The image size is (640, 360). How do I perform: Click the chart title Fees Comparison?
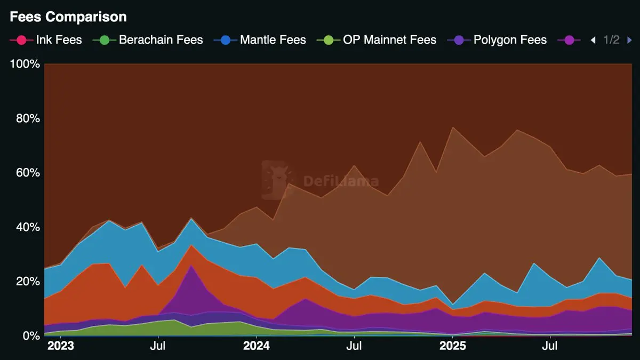(x=68, y=17)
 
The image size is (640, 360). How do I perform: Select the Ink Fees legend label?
(x=59, y=40)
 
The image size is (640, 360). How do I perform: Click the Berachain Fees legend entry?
(x=161, y=40)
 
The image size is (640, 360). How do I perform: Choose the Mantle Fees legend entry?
(x=273, y=40)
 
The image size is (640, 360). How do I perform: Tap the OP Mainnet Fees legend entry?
(x=389, y=40)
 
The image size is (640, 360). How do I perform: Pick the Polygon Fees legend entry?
(x=510, y=40)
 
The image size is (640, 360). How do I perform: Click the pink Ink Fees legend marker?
(x=21, y=40)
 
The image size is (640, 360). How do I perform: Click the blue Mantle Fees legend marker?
(x=225, y=40)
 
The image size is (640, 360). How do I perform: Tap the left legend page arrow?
(x=593, y=40)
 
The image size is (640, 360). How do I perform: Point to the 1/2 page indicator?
(x=611, y=40)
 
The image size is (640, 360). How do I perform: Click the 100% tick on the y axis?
(x=25, y=64)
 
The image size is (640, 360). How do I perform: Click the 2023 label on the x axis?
(x=61, y=347)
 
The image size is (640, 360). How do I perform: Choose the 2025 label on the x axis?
(x=452, y=347)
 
